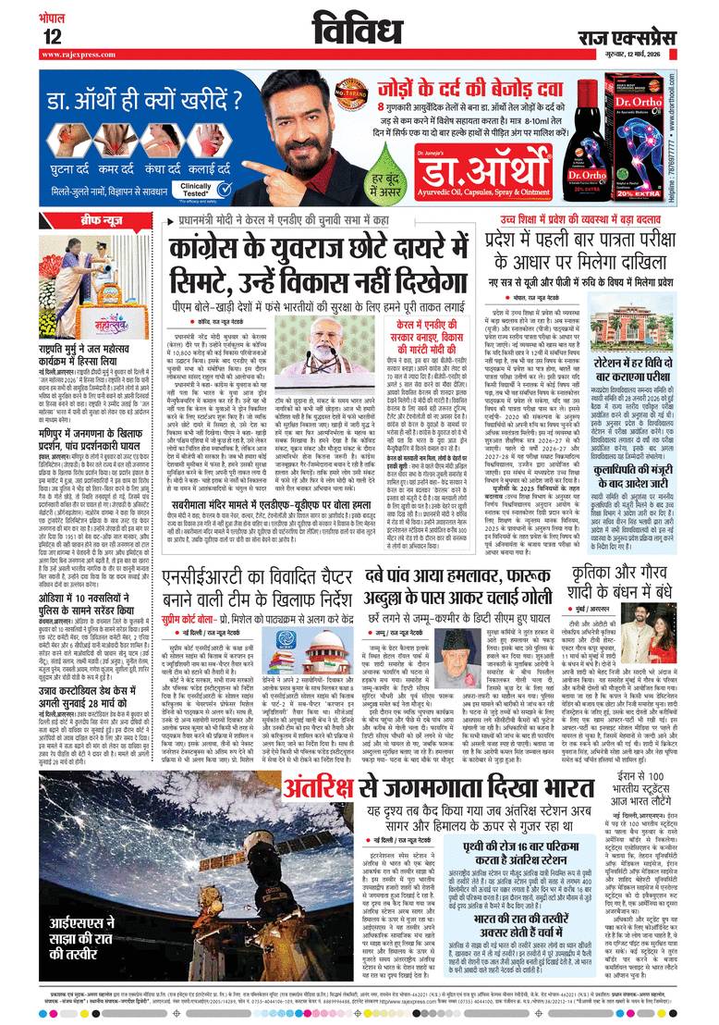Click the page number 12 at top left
(51, 36)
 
